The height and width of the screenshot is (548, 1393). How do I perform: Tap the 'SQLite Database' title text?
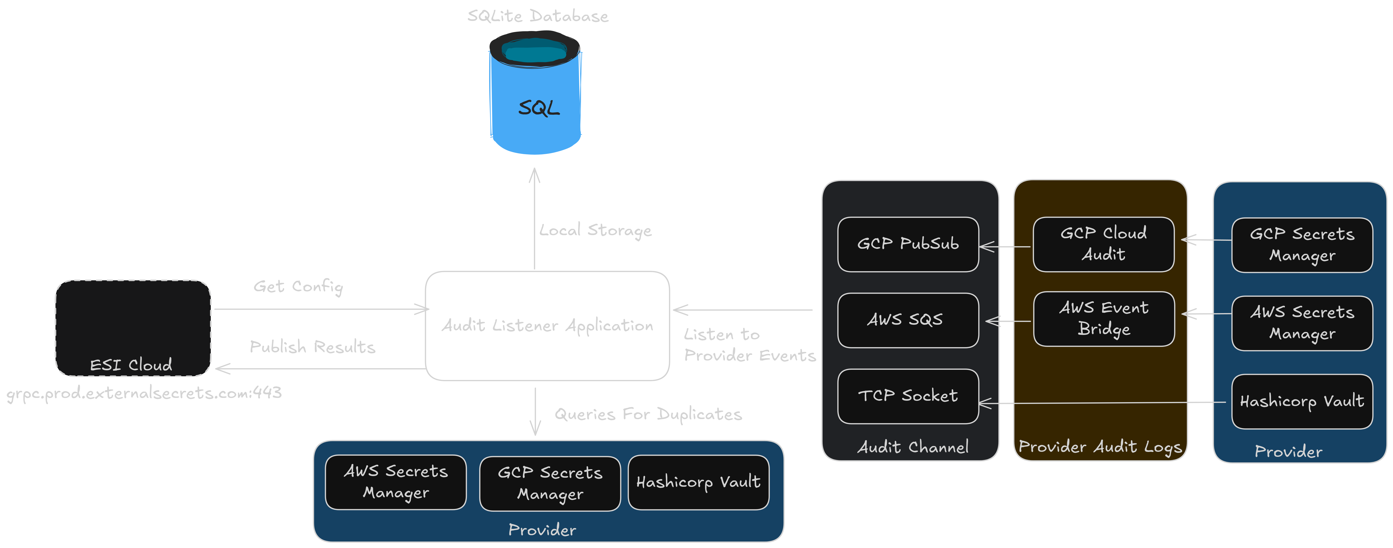pos(538,16)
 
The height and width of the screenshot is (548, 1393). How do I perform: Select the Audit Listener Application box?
pos(547,326)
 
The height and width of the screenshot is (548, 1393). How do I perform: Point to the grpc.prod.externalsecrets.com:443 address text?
pos(144,393)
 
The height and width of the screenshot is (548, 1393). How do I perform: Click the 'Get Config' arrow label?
pos(298,286)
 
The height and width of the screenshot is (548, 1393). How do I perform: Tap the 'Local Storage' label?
pos(595,230)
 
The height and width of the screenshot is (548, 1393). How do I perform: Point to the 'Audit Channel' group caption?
pos(913,447)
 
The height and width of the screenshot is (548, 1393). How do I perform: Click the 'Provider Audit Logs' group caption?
pos(1100,447)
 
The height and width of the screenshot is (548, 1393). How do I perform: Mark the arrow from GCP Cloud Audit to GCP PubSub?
pos(1006,247)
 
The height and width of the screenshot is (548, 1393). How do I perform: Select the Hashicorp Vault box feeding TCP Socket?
pos(1302,401)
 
